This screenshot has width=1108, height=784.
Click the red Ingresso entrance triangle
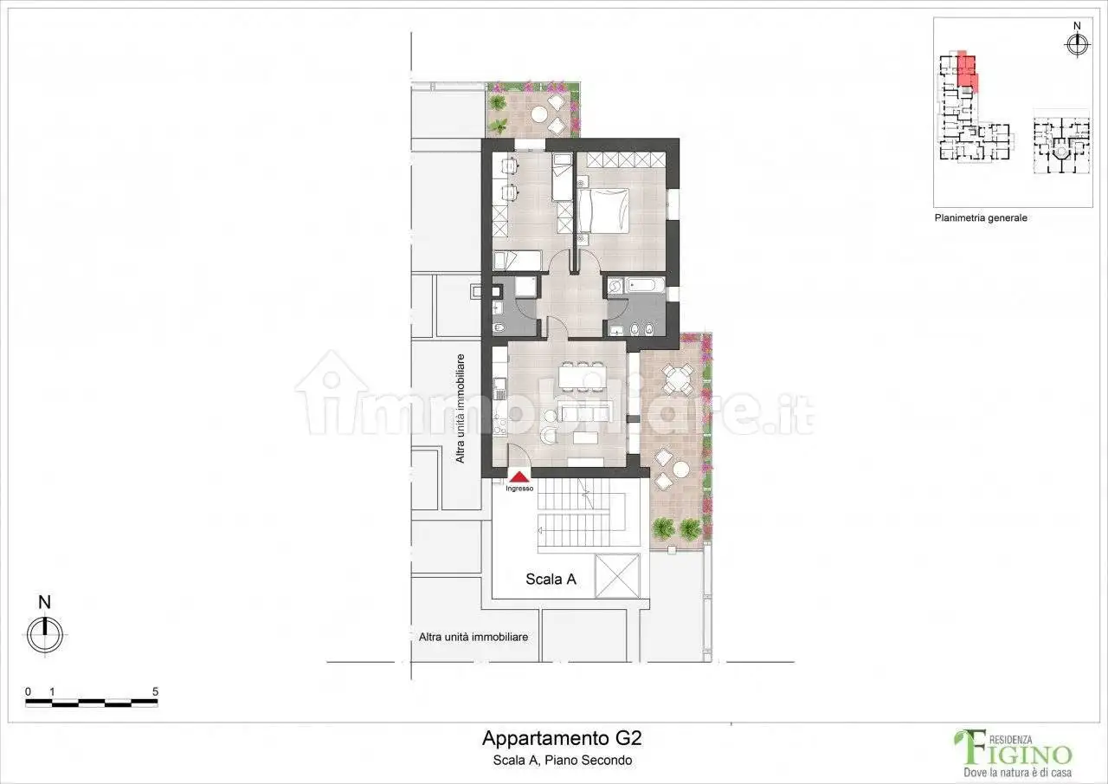click(519, 476)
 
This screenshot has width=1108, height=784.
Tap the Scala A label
click(551, 580)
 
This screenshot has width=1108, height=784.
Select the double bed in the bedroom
click(597, 211)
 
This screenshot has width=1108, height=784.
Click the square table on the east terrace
click(677, 379)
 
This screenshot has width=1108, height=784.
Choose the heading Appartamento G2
click(562, 739)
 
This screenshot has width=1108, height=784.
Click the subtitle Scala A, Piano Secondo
click(562, 760)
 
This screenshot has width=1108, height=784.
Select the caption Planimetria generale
click(980, 218)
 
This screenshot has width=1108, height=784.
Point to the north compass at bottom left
click(45, 635)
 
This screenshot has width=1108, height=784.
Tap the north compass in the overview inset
click(1077, 45)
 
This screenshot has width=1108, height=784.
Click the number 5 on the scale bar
click(155, 691)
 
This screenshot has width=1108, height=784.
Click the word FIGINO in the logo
click(1025, 752)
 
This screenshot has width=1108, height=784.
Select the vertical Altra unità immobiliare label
click(461, 407)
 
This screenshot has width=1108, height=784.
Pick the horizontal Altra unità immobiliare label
click(473, 637)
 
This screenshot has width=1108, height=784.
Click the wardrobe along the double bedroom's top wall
click(621, 160)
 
